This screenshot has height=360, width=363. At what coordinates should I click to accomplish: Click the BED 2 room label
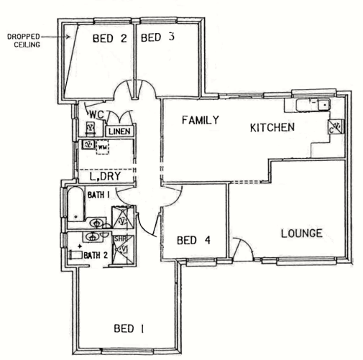click(x=109, y=39)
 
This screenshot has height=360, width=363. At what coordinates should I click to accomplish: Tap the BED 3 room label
click(x=157, y=38)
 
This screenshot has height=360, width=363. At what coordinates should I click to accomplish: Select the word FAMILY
click(x=200, y=120)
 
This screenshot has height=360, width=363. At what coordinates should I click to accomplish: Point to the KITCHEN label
click(x=272, y=128)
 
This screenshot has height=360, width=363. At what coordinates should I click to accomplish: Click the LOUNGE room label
click(x=300, y=234)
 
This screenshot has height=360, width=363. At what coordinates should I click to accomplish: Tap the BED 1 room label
click(x=129, y=329)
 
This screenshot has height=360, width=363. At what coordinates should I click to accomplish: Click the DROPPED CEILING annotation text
click(x=22, y=39)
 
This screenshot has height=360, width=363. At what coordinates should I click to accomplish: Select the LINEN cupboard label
click(x=117, y=132)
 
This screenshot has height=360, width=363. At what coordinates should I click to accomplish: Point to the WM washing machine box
click(x=102, y=148)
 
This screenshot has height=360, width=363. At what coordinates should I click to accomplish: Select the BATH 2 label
click(x=96, y=255)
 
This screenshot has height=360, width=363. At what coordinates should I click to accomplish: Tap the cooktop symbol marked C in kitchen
click(x=335, y=127)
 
